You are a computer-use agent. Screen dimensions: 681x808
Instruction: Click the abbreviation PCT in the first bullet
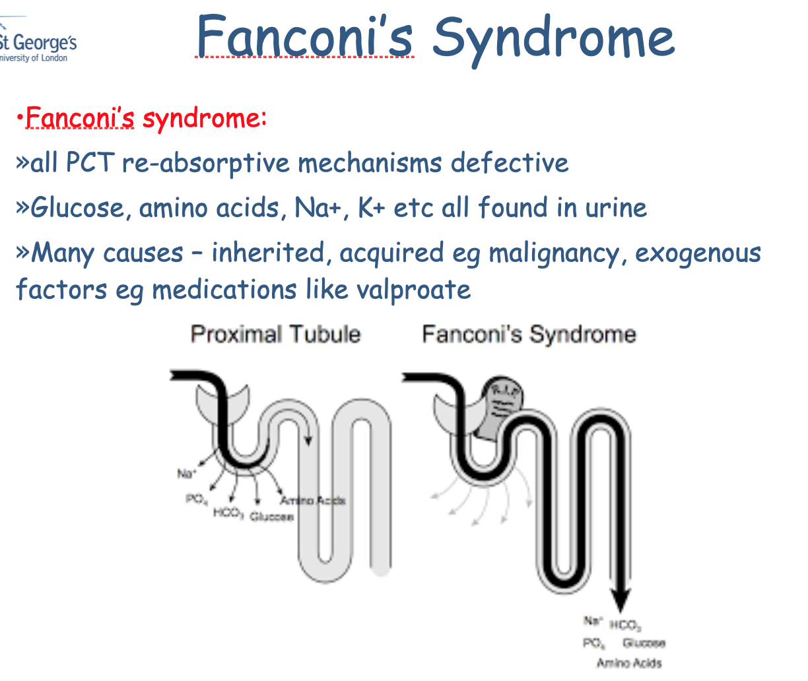click(x=90, y=163)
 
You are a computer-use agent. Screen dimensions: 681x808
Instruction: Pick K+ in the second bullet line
click(x=371, y=208)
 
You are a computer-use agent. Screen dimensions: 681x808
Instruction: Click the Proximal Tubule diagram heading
click(x=275, y=334)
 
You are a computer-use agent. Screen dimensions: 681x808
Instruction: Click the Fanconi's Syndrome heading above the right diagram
click(x=529, y=334)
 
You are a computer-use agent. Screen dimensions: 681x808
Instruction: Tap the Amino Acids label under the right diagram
click(x=629, y=663)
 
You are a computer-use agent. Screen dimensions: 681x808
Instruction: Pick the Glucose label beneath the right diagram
click(x=644, y=643)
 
